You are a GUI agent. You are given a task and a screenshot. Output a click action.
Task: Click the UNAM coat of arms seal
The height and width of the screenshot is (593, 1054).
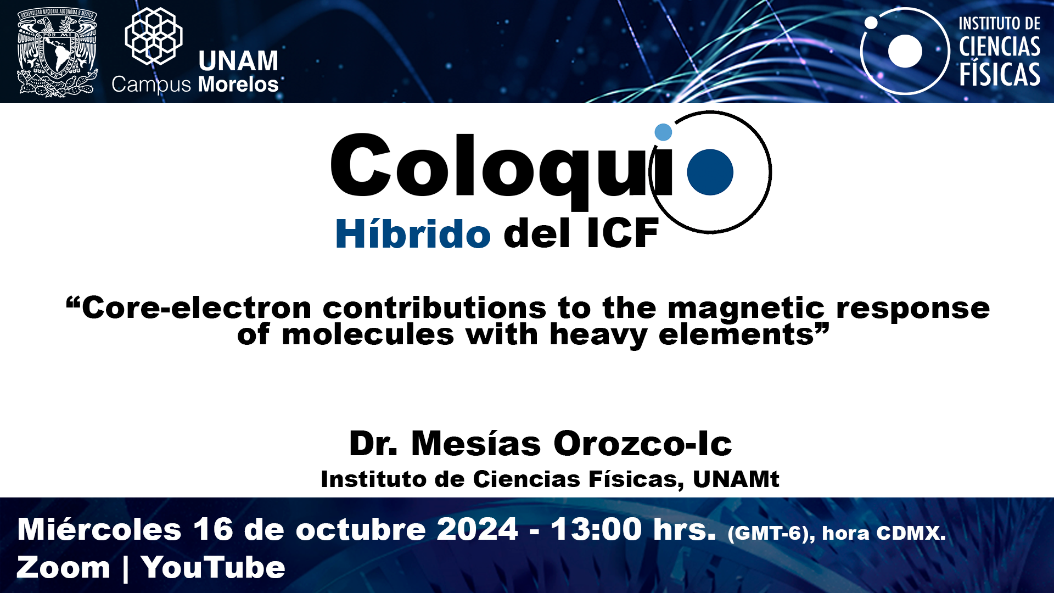[x=57, y=52]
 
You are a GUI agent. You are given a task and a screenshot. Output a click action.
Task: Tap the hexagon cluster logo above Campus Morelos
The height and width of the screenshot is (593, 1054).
[x=154, y=36]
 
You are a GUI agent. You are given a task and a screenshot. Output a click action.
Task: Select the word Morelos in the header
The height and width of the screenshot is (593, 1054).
[x=238, y=85]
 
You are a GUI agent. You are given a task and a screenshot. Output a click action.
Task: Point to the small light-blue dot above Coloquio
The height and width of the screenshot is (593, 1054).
[x=663, y=132]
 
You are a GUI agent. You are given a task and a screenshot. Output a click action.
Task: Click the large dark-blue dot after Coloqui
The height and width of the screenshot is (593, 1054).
[x=710, y=172]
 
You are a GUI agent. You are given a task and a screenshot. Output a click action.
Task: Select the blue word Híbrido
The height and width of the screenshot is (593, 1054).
[x=413, y=233]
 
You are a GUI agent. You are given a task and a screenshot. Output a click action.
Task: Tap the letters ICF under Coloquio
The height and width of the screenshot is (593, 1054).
[x=623, y=233]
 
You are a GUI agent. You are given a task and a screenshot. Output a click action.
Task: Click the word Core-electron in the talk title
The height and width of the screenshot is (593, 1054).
[x=197, y=307]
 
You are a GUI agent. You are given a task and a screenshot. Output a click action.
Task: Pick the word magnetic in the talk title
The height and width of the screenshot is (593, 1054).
[x=746, y=309]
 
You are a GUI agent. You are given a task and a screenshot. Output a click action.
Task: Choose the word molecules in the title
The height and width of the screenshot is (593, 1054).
[x=368, y=334]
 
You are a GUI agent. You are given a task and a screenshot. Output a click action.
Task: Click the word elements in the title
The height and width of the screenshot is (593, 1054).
[x=736, y=334]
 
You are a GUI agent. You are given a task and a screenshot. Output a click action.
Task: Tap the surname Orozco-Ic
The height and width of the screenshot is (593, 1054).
[x=643, y=443]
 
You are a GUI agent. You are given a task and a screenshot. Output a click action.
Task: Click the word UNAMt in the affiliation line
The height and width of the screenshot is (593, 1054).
[x=736, y=479]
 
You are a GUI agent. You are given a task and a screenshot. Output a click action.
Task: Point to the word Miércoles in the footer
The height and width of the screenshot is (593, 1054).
[x=99, y=529]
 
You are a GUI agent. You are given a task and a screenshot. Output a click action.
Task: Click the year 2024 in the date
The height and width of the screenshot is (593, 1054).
[x=478, y=529]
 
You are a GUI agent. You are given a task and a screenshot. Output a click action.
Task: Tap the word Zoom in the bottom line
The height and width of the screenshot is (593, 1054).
[x=64, y=567]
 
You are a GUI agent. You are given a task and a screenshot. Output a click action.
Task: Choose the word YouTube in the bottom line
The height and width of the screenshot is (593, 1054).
[x=214, y=567]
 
